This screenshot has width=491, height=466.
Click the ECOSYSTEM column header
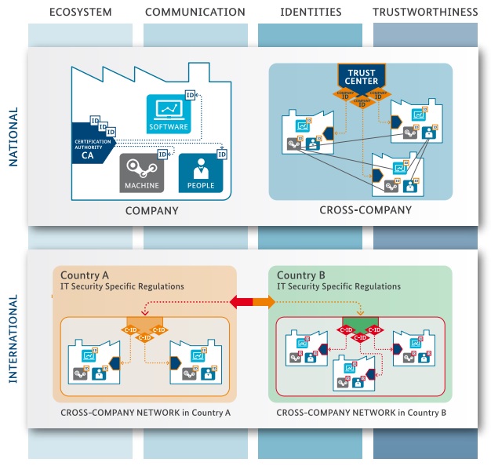coord(80,12)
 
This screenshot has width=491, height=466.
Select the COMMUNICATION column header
coord(195,12)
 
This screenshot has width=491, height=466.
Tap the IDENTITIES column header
coord(311,12)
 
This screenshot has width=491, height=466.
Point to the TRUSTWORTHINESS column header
coord(424,12)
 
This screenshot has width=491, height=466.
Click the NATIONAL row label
coord(13,137)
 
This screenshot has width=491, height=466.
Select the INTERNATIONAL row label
coord(13,339)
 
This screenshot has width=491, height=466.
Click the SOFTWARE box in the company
coord(168,114)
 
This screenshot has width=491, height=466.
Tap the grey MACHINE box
coord(142,173)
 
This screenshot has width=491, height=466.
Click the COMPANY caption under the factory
coord(151,211)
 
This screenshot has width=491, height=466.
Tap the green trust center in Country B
coord(360,326)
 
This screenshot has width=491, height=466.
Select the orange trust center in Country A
coord(145,326)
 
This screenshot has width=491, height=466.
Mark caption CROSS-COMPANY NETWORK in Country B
coord(362,411)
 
